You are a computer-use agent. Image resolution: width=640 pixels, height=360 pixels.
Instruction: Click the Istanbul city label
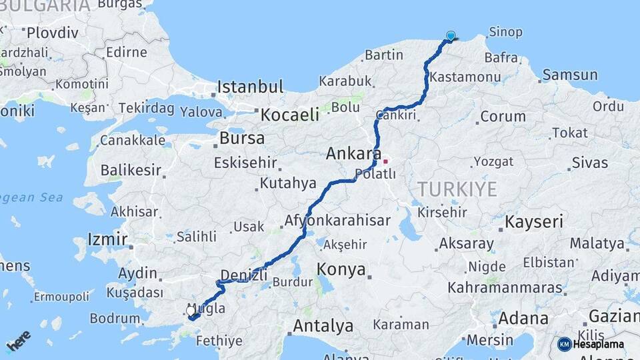[x=251, y=87]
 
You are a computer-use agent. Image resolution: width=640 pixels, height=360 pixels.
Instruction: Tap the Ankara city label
[x=353, y=154]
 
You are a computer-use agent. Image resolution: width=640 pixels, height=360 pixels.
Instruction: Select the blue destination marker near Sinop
[x=451, y=36]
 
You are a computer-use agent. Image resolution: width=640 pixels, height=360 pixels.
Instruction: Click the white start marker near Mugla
[x=191, y=311]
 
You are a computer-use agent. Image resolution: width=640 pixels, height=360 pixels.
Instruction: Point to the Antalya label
[x=323, y=327]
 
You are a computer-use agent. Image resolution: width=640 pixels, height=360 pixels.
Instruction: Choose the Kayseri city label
[x=534, y=221]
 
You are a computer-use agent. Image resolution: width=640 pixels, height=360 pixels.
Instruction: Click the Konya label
[x=341, y=269]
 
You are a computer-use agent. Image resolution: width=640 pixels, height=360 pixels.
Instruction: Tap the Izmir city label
[x=107, y=239]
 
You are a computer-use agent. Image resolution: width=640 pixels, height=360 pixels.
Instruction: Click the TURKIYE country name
[x=457, y=189]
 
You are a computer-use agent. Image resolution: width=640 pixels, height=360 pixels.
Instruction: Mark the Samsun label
[x=570, y=75]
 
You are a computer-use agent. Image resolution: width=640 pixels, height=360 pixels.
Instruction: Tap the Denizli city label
[x=243, y=275]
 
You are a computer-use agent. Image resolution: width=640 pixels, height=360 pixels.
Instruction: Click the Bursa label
[x=241, y=139]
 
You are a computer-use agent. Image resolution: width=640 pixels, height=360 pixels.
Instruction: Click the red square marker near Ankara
[x=385, y=161]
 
